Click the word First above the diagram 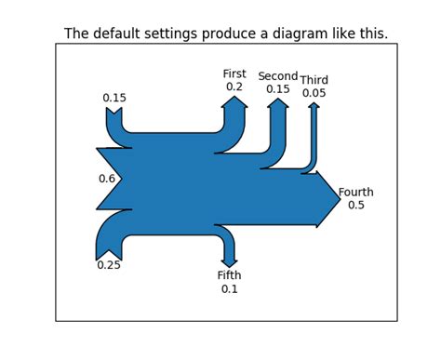click(234, 73)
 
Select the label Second click(277, 76)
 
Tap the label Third click(314, 80)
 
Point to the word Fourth click(355, 193)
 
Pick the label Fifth click(229, 275)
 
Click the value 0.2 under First click(234, 87)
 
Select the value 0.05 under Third click(314, 93)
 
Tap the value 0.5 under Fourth click(355, 206)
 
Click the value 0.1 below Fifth click(229, 289)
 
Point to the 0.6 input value click(107, 179)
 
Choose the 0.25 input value click(109, 265)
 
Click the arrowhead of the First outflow click(234, 102)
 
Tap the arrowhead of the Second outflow click(277, 103)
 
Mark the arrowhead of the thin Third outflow click(314, 105)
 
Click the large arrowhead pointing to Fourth click(329, 198)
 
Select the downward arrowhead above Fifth click(229, 262)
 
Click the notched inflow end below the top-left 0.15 click(114, 116)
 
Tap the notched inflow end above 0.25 click(110, 248)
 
